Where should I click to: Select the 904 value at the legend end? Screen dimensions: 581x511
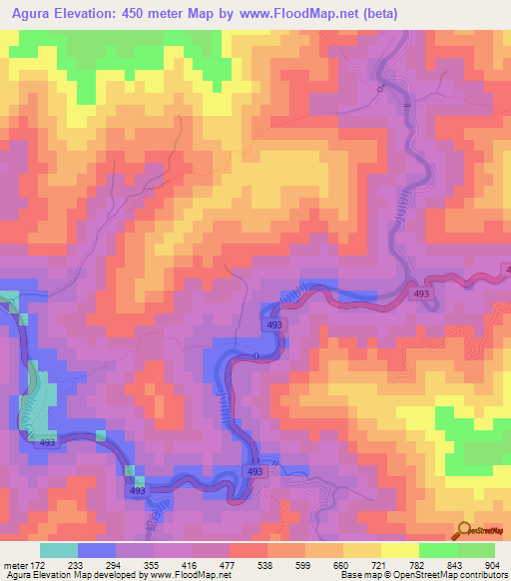point(491,564)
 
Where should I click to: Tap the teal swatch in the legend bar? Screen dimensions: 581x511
point(58,550)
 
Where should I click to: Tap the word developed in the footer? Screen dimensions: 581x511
point(120,576)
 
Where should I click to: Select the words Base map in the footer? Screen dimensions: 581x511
point(356,576)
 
